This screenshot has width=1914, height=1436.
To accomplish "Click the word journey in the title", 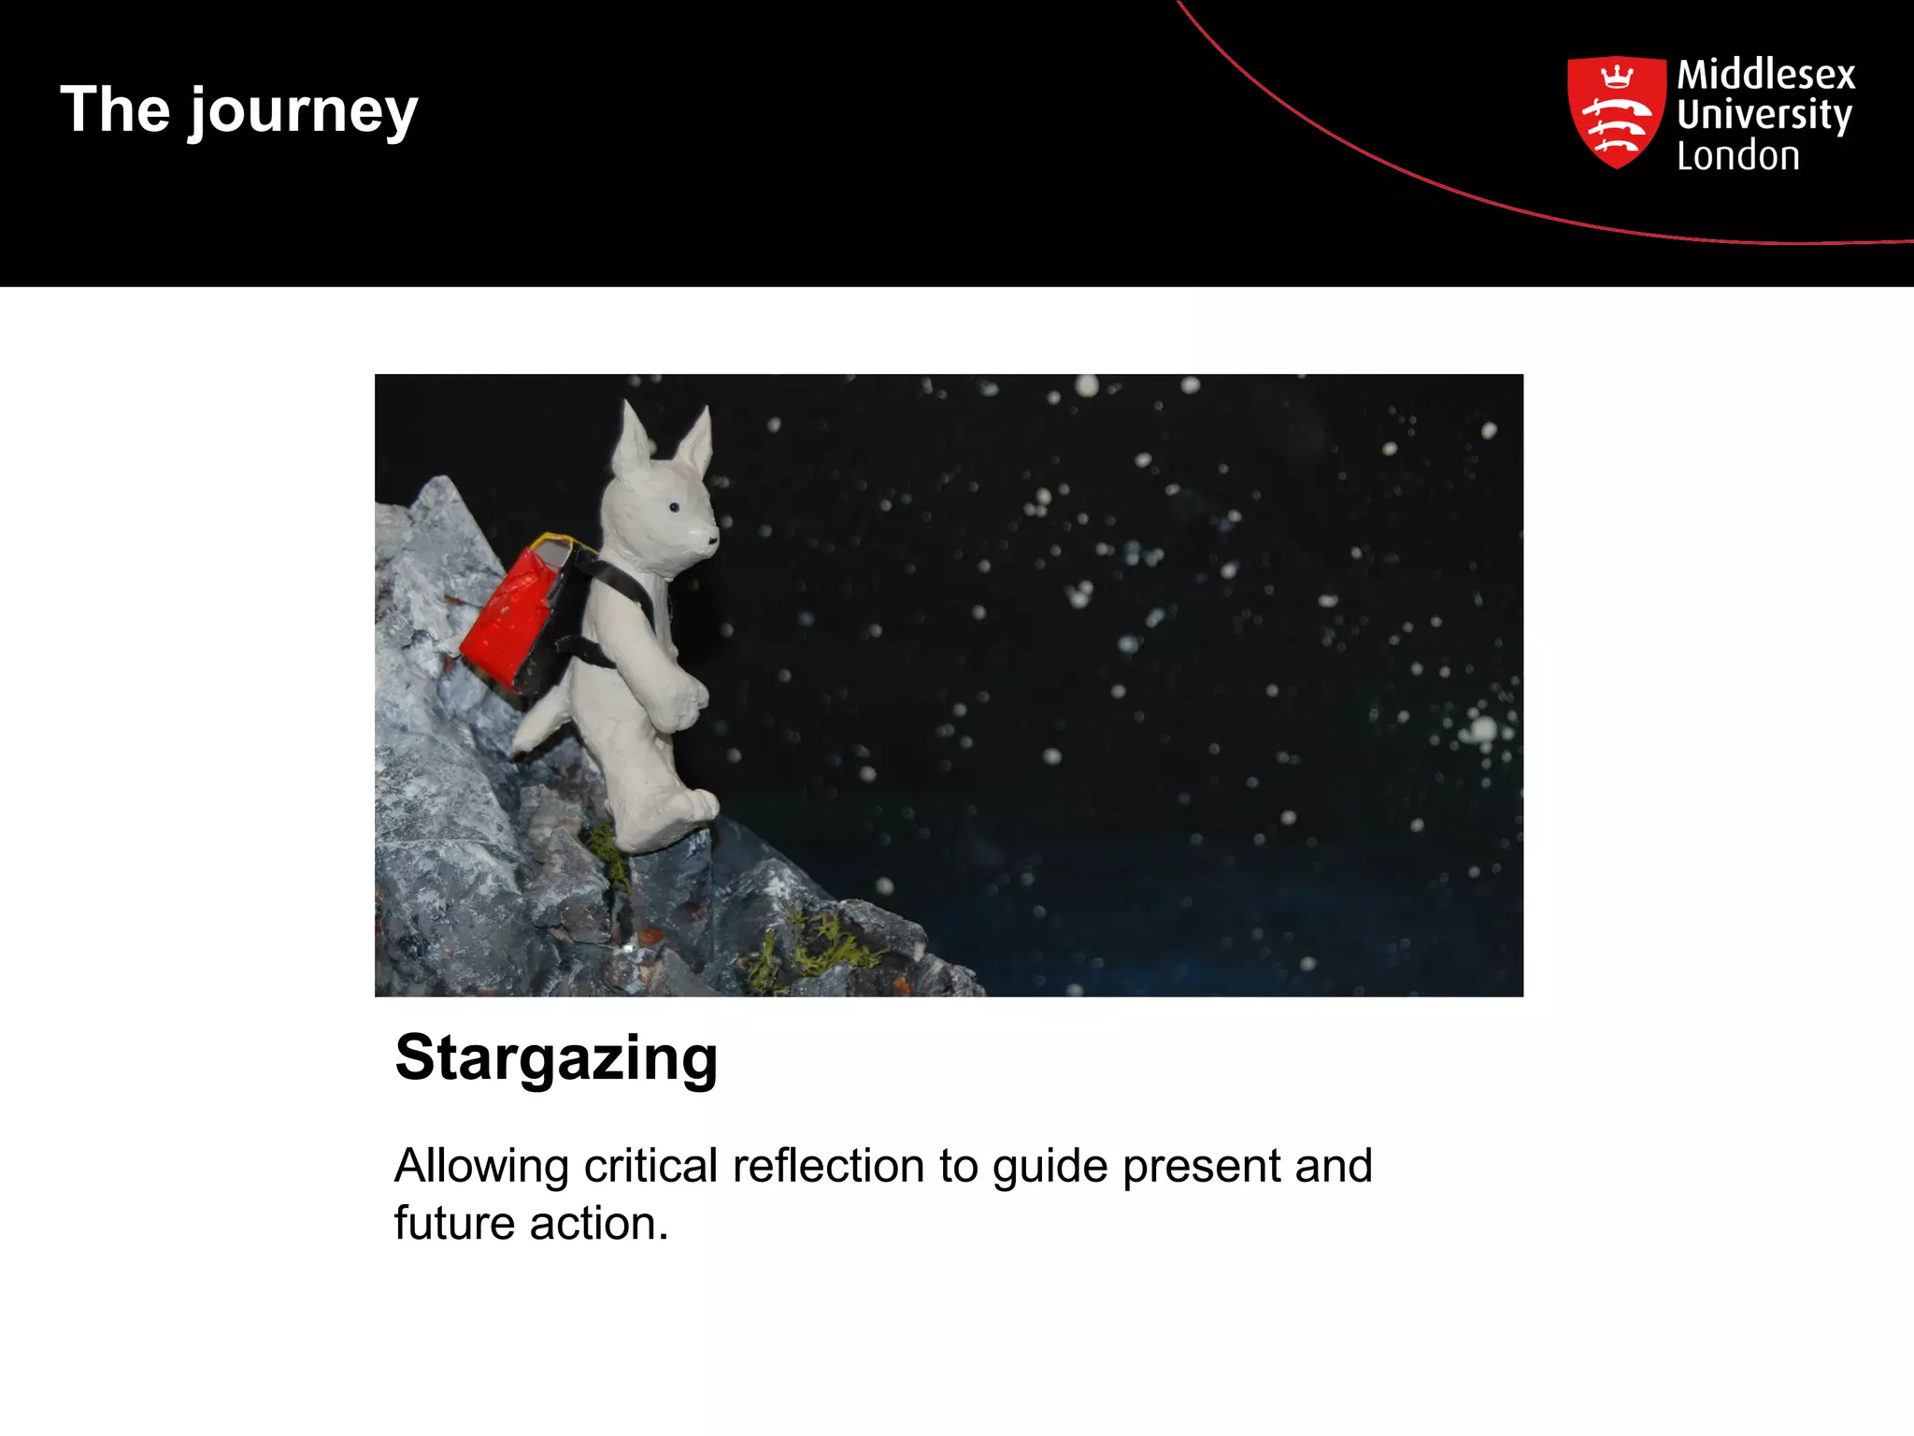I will [304, 112].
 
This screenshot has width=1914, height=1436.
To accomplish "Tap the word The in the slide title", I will [115, 109].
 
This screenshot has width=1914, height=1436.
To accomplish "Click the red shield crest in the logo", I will [1616, 111].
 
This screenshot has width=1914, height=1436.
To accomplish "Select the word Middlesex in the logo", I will [1765, 74].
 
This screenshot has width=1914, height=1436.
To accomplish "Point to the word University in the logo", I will [1764, 115].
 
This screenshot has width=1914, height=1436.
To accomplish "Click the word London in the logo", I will [1737, 156].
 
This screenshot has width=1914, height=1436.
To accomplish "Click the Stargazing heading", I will [556, 1058].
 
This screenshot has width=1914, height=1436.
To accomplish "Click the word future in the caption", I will [454, 1224].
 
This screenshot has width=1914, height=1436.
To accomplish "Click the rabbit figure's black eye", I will [674, 507].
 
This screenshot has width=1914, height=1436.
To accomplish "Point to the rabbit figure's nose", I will [713, 539].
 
